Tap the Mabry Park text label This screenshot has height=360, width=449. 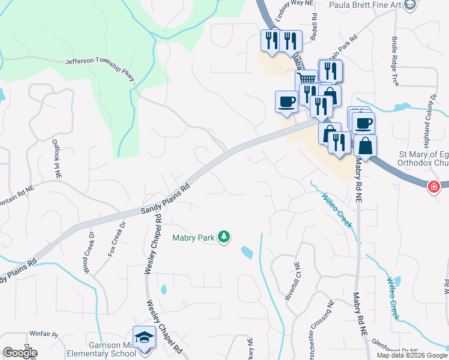click(193, 238)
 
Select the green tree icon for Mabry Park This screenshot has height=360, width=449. click(224, 238)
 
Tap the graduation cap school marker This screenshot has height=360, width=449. click(144, 338)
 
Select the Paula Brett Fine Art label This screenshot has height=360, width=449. click(365, 5)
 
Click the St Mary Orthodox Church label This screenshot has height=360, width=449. click(424, 158)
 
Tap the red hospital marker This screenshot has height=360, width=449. click(433, 187)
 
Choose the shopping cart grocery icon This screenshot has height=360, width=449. click(307, 79)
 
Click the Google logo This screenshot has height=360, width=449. click(20, 353)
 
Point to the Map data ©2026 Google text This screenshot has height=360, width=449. click(411, 355)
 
